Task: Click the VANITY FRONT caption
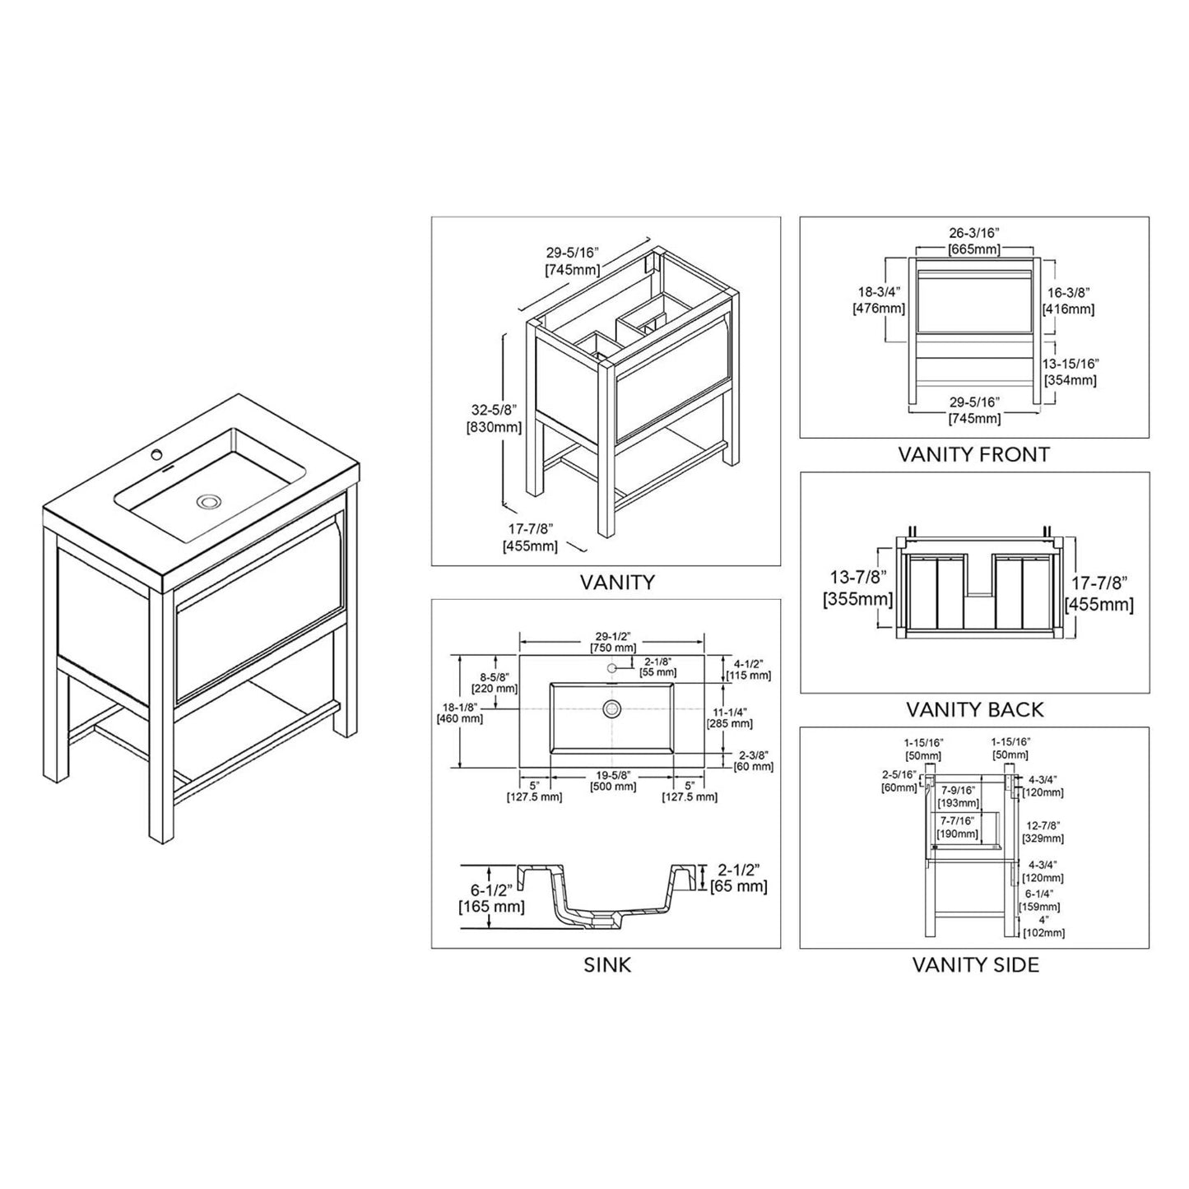click(973, 454)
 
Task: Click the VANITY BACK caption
click(974, 709)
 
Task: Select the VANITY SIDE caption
click(975, 964)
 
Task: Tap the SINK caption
click(607, 964)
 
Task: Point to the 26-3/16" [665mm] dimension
click(973, 241)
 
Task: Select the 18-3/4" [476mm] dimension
click(879, 300)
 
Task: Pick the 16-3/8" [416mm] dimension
click(1069, 300)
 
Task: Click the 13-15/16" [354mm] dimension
click(1071, 372)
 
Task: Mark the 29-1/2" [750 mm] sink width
click(612, 641)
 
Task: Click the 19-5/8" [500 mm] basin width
click(612, 780)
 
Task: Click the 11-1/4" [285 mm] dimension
click(730, 718)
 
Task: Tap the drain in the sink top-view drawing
click(611, 708)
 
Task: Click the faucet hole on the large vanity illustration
click(156, 454)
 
